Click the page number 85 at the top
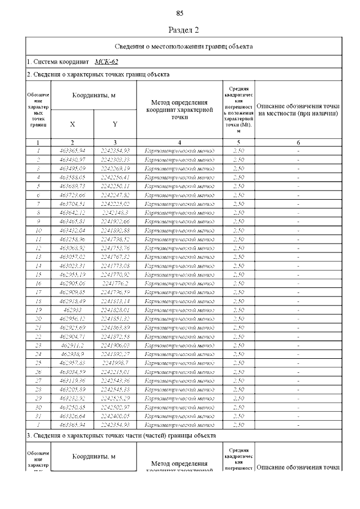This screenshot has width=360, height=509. click(x=180, y=13)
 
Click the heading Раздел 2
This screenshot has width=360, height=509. click(x=184, y=29)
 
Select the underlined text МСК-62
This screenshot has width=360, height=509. click(x=107, y=62)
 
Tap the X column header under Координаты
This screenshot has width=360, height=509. click(x=73, y=124)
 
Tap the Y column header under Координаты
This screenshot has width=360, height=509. click(x=115, y=124)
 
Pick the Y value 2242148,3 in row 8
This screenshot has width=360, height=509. click(x=115, y=212)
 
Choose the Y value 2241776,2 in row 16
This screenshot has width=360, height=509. click(x=115, y=283)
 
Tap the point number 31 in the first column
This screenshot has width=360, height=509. click(x=38, y=416)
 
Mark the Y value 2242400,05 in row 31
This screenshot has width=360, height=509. click(x=115, y=416)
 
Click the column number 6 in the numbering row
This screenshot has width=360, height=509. click(x=298, y=143)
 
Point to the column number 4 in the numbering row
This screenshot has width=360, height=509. click(x=179, y=143)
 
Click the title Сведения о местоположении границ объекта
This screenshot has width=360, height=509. click(x=183, y=46)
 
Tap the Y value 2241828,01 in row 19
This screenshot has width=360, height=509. click(x=115, y=309)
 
